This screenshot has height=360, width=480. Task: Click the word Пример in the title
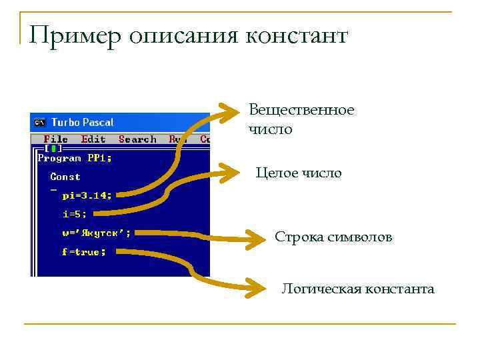75,36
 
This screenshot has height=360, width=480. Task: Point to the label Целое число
299,173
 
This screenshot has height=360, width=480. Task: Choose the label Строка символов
333,237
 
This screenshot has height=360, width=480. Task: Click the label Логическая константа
357,289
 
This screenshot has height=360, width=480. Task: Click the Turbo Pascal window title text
82,123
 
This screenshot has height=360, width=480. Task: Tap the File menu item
55,139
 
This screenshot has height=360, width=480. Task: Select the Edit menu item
93,139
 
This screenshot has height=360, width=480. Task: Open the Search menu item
137,139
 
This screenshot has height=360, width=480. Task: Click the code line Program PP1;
75,158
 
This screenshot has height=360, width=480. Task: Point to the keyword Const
65,177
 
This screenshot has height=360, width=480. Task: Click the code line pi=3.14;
87,195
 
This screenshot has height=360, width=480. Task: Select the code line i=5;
75,214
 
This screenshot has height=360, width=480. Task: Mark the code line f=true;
84,252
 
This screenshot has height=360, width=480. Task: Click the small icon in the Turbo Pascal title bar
39,123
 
